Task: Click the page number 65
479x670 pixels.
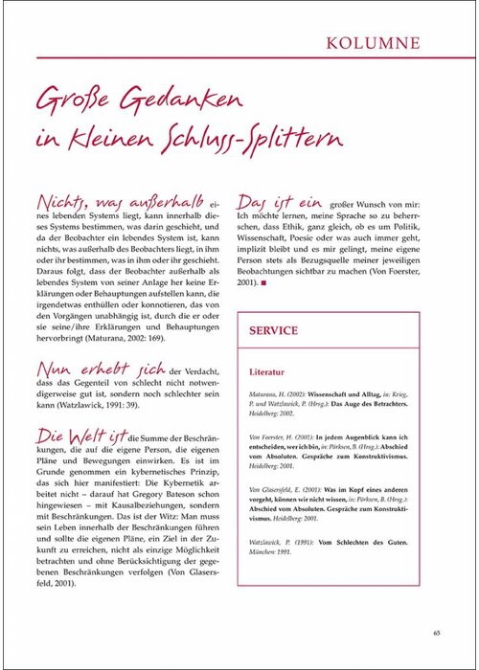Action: [436, 632]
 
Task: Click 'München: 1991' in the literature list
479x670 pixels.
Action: [273, 563]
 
